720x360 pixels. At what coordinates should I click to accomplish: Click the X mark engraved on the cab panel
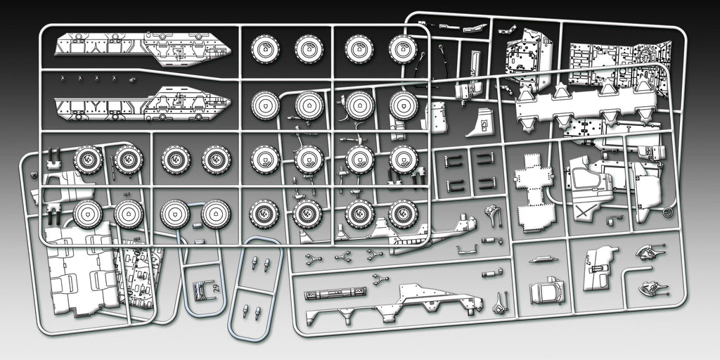(x=583, y=212)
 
